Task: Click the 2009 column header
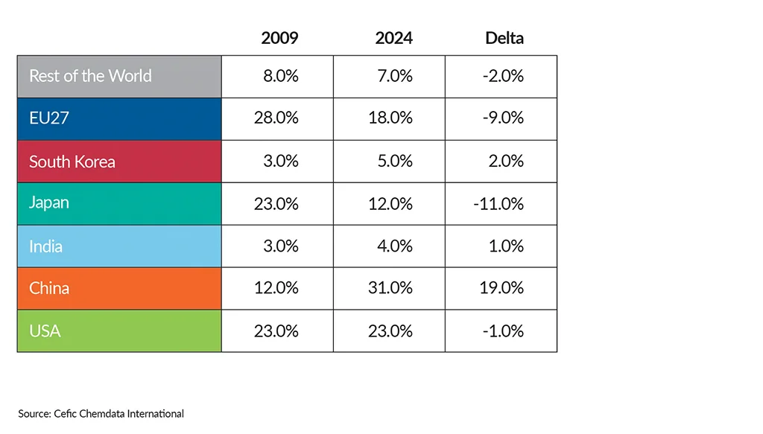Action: (279, 38)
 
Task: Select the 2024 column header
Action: (393, 38)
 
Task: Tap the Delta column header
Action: (504, 38)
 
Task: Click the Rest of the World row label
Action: (90, 76)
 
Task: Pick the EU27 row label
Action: (49, 118)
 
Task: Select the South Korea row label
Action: (72, 162)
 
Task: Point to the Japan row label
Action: (49, 203)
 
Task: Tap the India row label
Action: (45, 246)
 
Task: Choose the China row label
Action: (49, 288)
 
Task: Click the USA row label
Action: (45, 331)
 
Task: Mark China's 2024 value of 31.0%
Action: (390, 288)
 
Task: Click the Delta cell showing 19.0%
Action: (502, 288)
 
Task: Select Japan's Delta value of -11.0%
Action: (498, 203)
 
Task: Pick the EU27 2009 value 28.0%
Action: (276, 118)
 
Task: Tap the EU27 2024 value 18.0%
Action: (390, 118)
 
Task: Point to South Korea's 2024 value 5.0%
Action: (394, 162)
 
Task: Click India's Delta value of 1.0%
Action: (505, 246)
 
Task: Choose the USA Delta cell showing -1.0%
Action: (503, 331)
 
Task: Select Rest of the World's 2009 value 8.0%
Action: (281, 76)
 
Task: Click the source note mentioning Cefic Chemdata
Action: (101, 413)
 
